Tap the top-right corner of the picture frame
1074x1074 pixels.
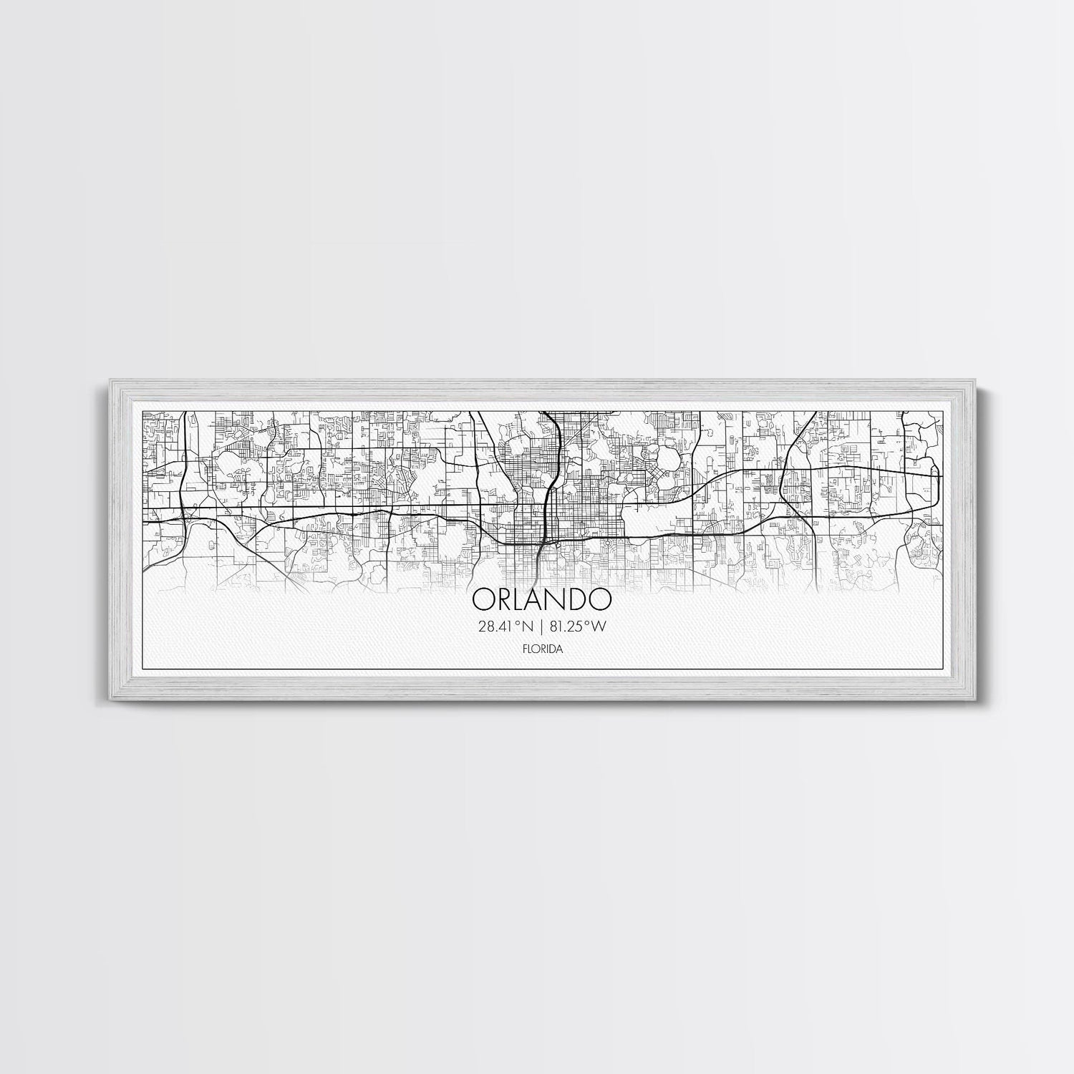(x=972, y=379)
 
